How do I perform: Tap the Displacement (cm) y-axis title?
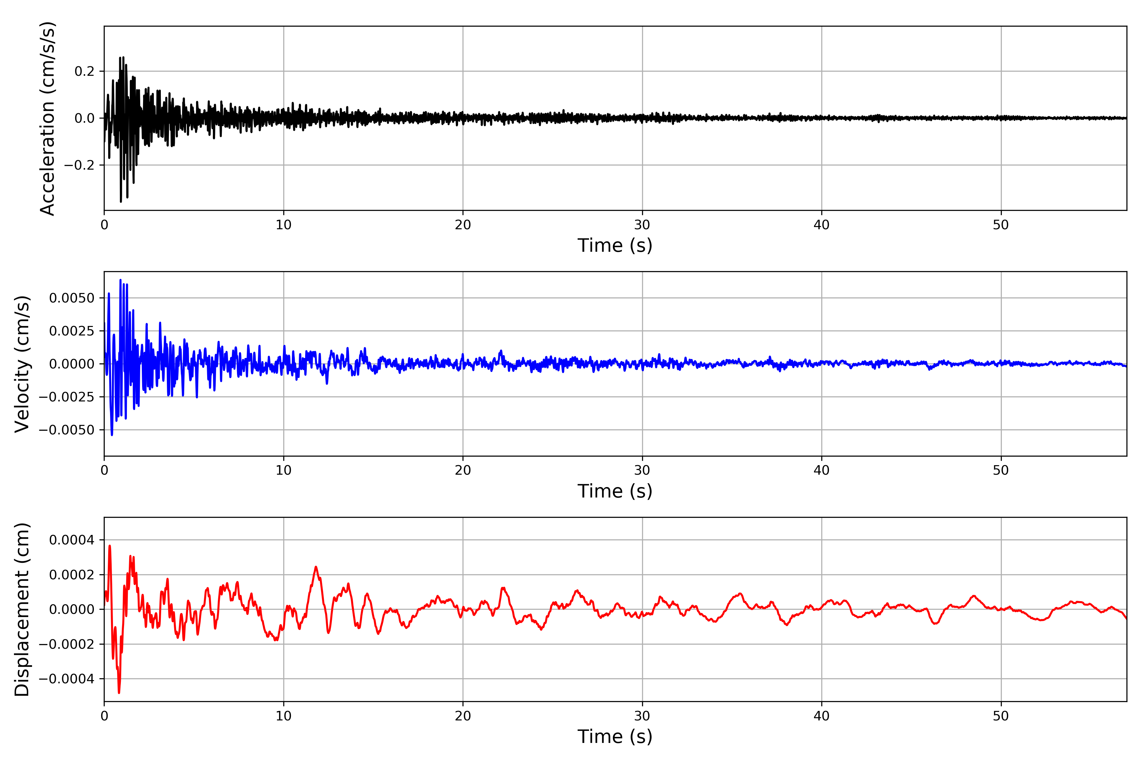point(22,609)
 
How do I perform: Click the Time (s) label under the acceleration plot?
point(615,245)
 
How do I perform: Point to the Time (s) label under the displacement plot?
point(615,737)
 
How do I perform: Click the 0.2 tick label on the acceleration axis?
point(84,71)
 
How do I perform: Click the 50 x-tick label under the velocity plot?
point(1001,470)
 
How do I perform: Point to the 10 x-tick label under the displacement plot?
point(284,716)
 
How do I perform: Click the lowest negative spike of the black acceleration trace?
point(121,201)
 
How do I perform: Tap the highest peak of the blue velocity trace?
point(121,280)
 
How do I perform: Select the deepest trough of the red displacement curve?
point(119,693)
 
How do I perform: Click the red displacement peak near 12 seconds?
point(316,567)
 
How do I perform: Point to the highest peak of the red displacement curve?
point(110,546)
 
